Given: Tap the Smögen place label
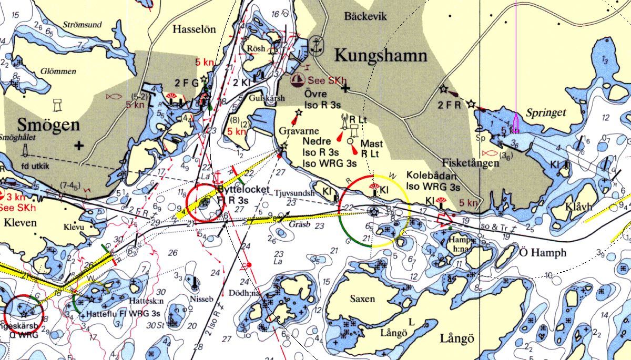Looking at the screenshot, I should (48, 125).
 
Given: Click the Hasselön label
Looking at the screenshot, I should (194, 30).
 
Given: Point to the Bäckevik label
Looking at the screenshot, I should (365, 17).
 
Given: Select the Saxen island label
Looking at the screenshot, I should (362, 299).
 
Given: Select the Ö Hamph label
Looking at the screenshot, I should (543, 253).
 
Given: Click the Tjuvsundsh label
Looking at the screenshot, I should (294, 193).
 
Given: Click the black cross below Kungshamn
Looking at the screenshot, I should (345, 90).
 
